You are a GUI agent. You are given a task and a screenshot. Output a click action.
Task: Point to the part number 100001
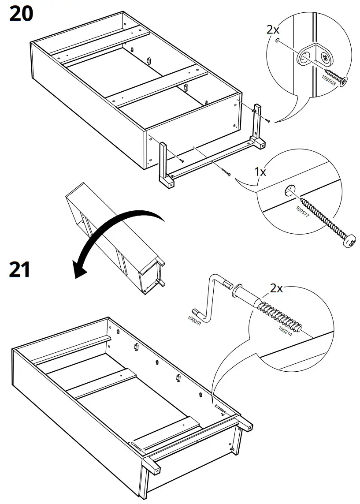pyautogui.click(x=194, y=319)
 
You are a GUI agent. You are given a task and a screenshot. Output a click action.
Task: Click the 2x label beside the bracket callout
pyautogui.click(x=273, y=30)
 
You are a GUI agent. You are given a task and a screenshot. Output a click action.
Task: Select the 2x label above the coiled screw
pyautogui.click(x=276, y=289)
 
